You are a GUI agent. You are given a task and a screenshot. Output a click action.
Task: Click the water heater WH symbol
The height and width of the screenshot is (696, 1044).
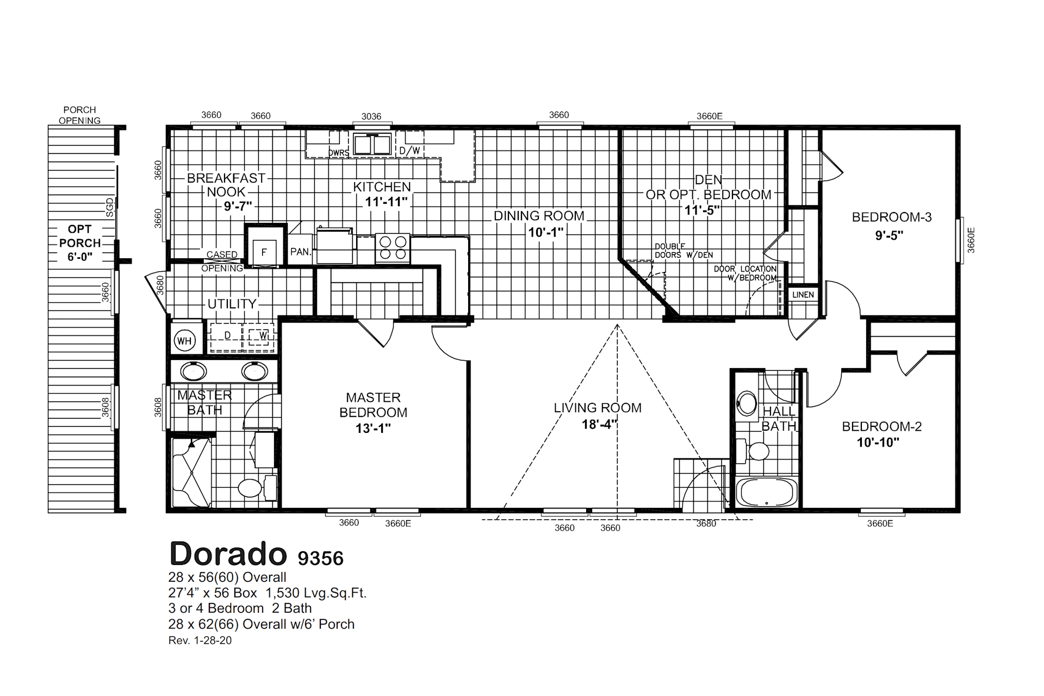[184, 341]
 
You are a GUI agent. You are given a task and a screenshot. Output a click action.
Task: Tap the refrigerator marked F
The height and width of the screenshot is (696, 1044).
[265, 245]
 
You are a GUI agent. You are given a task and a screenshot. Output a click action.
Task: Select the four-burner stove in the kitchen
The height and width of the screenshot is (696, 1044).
[393, 247]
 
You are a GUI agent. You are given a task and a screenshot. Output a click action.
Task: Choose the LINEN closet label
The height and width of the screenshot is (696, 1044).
[803, 295]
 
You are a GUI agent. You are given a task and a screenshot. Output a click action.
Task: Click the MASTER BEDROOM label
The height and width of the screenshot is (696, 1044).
[373, 405]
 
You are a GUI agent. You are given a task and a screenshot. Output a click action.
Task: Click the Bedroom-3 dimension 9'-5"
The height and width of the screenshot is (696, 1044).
[890, 235]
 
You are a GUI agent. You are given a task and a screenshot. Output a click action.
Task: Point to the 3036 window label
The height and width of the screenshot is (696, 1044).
[371, 116]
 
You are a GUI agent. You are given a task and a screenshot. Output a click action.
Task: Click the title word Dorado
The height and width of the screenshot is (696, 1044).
[228, 554]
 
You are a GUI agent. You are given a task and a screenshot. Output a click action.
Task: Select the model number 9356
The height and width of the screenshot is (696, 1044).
[320, 558]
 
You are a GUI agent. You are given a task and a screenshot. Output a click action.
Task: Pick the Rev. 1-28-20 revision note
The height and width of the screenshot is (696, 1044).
[200, 641]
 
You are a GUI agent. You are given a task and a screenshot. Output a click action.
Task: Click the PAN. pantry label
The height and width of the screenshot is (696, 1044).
[301, 252]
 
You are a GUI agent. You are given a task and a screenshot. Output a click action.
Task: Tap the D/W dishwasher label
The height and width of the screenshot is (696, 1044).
[409, 150]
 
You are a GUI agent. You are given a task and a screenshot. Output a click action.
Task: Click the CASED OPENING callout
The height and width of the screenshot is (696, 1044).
[222, 262]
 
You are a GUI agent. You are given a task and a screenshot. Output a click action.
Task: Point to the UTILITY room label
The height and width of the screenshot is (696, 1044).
[232, 303]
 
